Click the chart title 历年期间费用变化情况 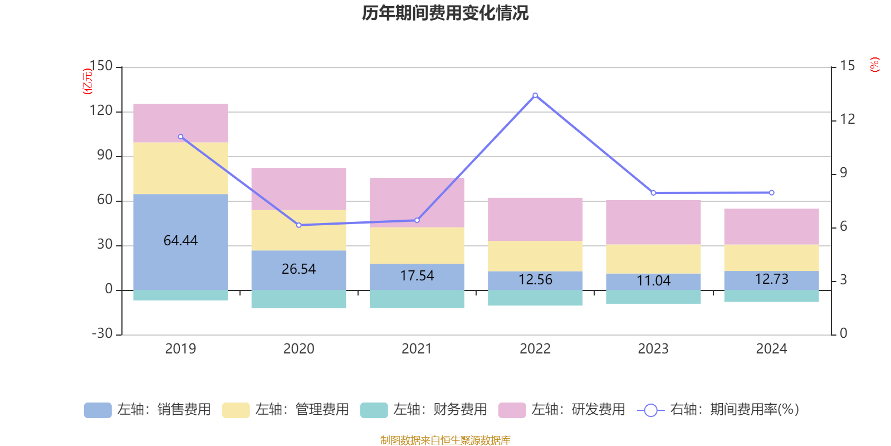(445, 13)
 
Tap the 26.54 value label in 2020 (298, 269)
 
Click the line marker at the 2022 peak (535, 95)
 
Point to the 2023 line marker (653, 193)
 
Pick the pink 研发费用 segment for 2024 (771, 226)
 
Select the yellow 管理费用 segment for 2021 (417, 245)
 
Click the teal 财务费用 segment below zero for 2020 (298, 299)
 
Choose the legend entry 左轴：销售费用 (148, 410)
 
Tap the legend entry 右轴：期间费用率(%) (718, 410)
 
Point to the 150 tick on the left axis (101, 66)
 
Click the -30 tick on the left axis (102, 333)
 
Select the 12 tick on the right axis (848, 119)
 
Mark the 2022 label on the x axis (535, 348)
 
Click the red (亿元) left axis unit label (87, 81)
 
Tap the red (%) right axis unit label (875, 65)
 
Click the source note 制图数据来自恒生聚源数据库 (445, 440)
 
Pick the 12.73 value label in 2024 (771, 279)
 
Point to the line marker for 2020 (298, 225)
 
